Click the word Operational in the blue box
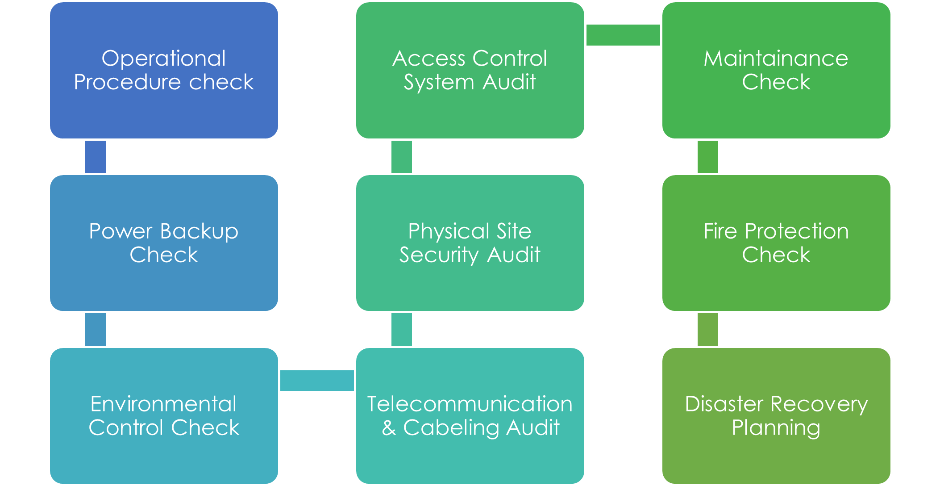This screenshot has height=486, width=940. tap(163, 59)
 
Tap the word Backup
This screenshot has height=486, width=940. tap(199, 231)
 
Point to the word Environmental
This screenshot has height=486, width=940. tap(163, 404)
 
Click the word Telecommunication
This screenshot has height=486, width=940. tap(470, 404)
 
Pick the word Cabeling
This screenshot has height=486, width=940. tap(451, 428)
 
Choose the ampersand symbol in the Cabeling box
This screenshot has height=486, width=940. tap(389, 428)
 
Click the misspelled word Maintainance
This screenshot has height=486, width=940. tap(776, 59)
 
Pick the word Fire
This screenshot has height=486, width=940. tap(720, 231)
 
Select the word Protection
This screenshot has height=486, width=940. tap(797, 231)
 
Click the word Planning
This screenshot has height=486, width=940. tap(776, 428)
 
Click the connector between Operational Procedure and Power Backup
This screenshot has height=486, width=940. tap(96, 157)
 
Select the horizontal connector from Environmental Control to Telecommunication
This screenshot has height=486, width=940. tap(317, 381)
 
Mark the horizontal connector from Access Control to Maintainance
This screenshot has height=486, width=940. tap(623, 35)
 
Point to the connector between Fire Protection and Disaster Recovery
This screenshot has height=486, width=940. tap(708, 330)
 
